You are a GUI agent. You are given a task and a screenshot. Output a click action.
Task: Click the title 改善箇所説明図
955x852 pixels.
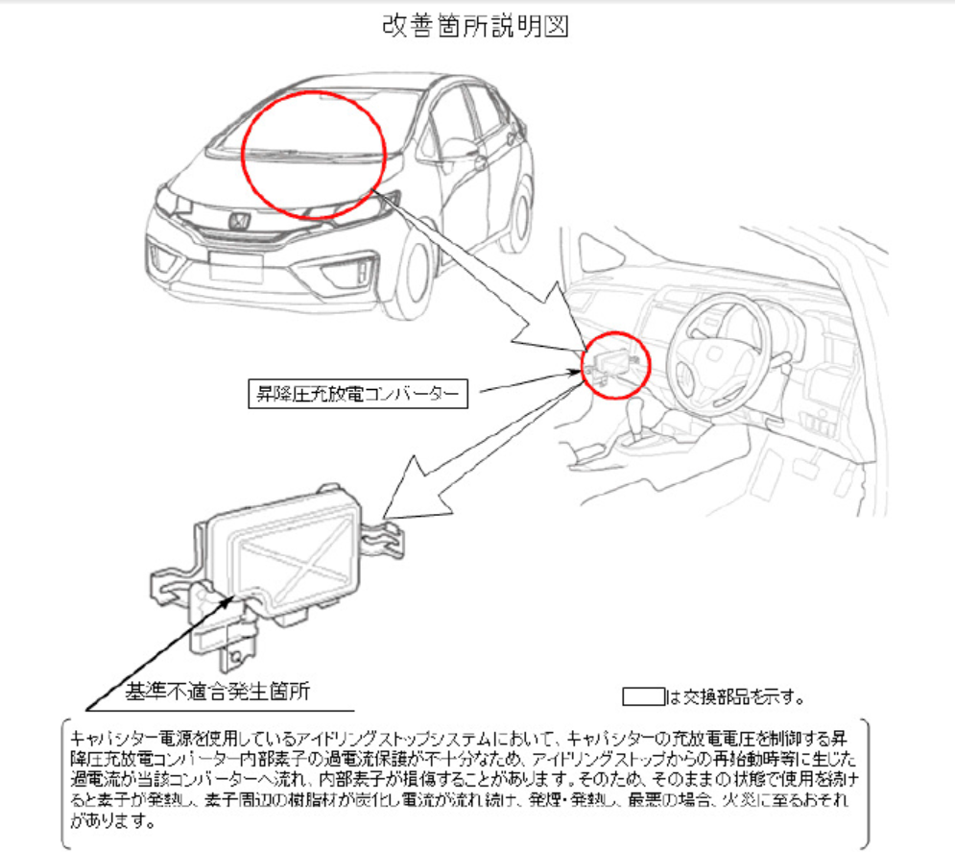tap(475, 26)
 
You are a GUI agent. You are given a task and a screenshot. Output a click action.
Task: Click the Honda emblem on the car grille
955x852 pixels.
tap(238, 221)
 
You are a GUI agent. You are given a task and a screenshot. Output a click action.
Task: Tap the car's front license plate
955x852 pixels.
tap(236, 266)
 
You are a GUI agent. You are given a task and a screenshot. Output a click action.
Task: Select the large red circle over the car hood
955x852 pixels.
tap(314, 155)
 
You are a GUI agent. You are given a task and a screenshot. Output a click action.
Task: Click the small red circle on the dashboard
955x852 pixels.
tap(616, 365)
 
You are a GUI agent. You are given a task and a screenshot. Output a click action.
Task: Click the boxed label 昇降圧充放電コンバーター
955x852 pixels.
tap(358, 394)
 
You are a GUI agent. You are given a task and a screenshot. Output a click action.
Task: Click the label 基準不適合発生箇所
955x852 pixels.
tap(218, 691)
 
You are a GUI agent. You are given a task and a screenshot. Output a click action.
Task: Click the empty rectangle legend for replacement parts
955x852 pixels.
tap(643, 696)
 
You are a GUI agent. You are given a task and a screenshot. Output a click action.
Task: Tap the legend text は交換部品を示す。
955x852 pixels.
tap(735, 696)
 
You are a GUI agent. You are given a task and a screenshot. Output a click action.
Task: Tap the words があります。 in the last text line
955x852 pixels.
tap(112, 821)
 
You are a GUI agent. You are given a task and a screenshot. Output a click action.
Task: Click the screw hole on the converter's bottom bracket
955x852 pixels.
tap(236, 657)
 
